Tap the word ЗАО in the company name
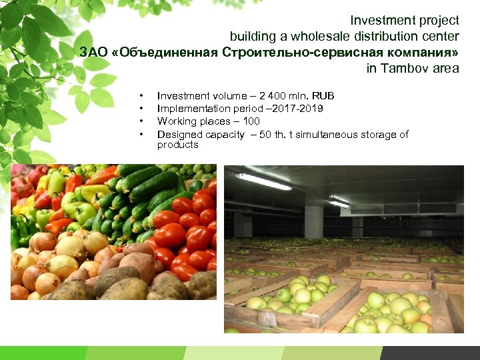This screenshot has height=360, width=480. (x=95, y=52)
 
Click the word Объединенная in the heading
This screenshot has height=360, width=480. (x=166, y=52)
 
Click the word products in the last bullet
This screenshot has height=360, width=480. (x=177, y=145)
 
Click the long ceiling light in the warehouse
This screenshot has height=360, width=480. (x=263, y=181)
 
